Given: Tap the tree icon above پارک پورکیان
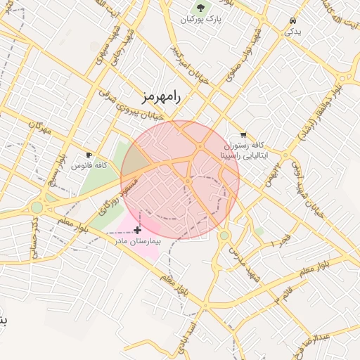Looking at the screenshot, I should coord(202,8).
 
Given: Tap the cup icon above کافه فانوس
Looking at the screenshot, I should coord(89,155).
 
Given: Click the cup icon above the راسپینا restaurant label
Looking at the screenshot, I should coord(243,134).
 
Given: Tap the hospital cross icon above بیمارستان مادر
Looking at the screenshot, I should coord(137,230).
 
